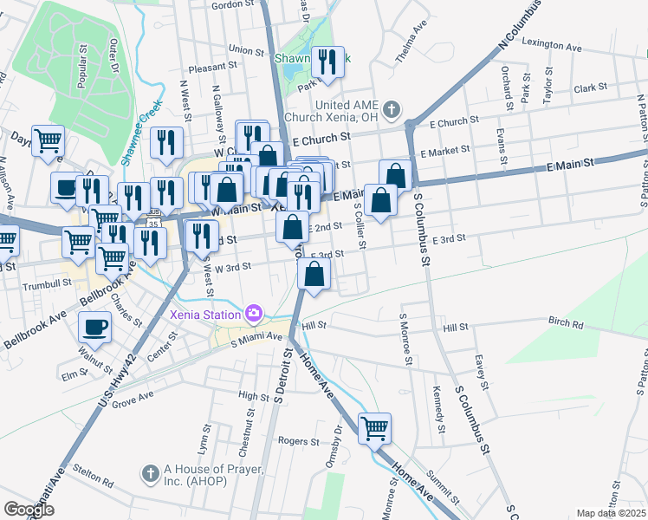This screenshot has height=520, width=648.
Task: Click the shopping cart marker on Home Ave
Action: [x=374, y=427]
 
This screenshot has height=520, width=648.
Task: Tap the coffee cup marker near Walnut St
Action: [x=94, y=328]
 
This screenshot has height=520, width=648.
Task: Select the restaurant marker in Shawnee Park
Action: [x=327, y=62]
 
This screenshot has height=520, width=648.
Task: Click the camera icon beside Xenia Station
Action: [x=254, y=312]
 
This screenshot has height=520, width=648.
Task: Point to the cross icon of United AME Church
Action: [x=392, y=109]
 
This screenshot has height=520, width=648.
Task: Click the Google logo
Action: [x=29, y=510]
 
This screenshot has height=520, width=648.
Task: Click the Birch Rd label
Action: [x=566, y=322]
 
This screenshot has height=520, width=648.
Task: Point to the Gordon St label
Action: [x=230, y=5]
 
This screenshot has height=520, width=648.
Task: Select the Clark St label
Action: [x=590, y=88]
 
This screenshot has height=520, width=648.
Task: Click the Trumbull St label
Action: [x=47, y=283]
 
